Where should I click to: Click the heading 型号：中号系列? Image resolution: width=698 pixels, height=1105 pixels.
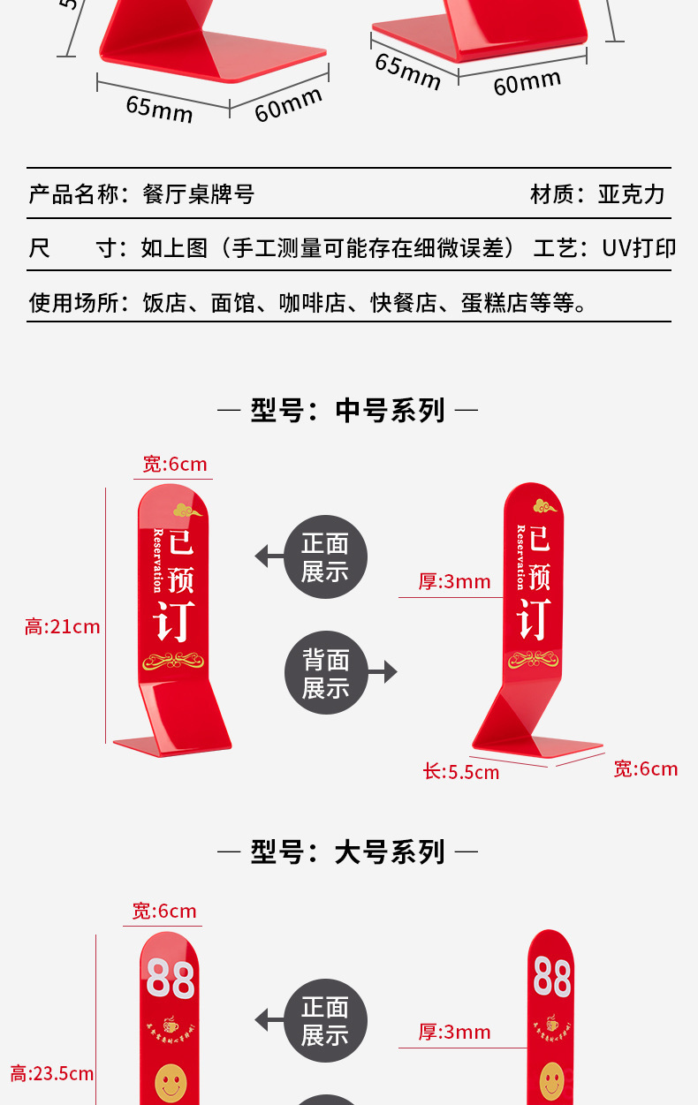pos(347,411)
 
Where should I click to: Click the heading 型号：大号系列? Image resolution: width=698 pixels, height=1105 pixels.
pos(347,852)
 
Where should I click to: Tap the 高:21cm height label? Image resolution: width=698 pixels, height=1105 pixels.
pos(63,627)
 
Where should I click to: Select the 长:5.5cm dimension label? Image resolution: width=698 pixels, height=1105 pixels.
pos(460,772)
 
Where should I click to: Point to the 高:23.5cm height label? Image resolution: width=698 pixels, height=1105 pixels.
pos(52,1074)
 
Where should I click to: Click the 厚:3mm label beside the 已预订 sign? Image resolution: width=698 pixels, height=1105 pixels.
pos(454,581)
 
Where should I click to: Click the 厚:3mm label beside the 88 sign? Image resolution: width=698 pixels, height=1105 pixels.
pos(454,1032)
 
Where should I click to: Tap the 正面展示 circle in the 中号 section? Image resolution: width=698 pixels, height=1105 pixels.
pos(325,557)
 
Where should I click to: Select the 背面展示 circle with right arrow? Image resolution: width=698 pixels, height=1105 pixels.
pos(325,673)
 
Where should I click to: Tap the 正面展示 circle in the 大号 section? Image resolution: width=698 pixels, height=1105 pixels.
pos(325,1020)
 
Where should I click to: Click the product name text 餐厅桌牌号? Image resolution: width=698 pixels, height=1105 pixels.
pos(199,194)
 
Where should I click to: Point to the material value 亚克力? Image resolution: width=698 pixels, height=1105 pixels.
pos(631,194)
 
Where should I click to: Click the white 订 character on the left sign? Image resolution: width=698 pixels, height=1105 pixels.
pos(174,621)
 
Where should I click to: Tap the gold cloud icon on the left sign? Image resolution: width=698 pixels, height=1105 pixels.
pos(187,510)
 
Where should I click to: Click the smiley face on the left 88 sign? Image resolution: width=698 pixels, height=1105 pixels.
pos(171,1082)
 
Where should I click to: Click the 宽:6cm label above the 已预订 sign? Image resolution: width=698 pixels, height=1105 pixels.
pos(175,465)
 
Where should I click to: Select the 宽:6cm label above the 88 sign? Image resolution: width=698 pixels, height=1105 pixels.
pos(164,912)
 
